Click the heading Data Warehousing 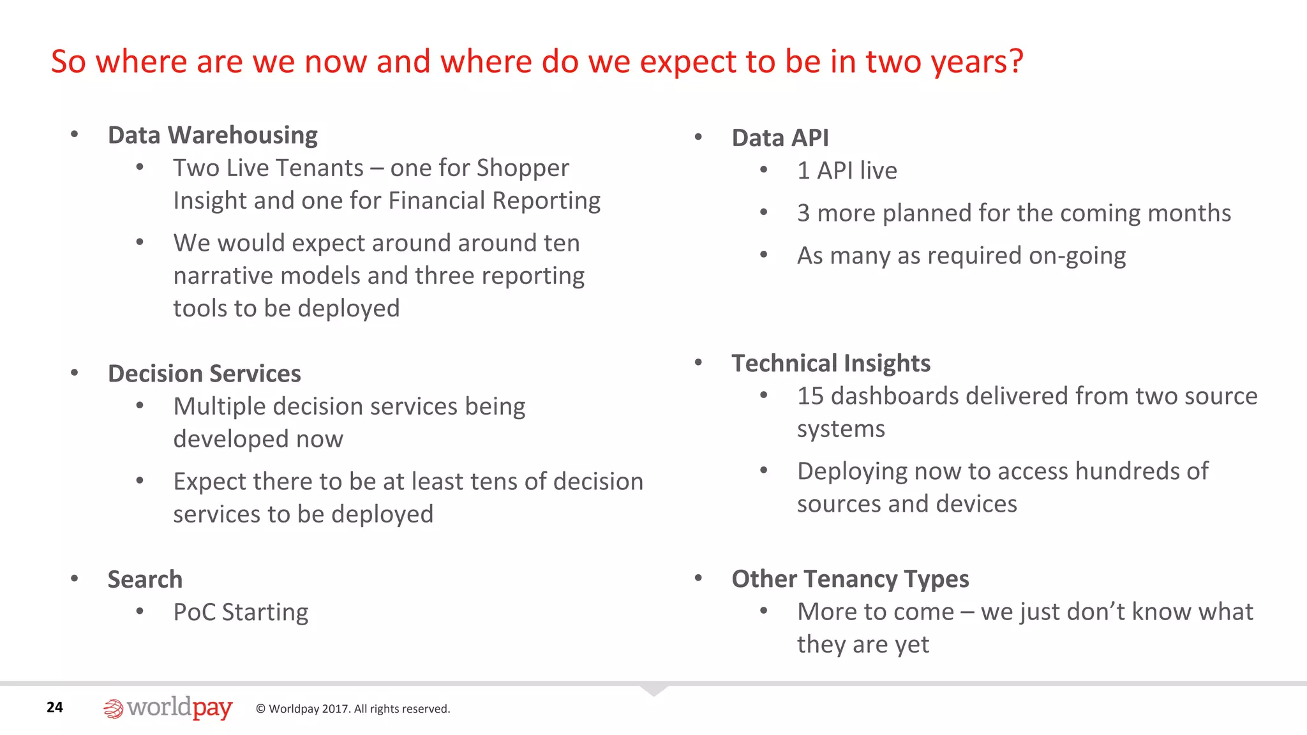coord(213,135)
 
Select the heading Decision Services coord(204,374)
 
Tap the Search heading coord(145,579)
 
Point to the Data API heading coord(780,138)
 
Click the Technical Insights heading coord(830,363)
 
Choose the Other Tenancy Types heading coord(849,579)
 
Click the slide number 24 coord(55,707)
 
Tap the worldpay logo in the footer coord(168,708)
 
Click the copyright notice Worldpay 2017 coord(353,709)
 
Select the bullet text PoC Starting coord(241,612)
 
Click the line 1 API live coord(846,171)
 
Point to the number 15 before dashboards coord(810,396)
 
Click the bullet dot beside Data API coord(698,137)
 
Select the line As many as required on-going coord(961,256)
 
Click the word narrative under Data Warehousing coord(223,276)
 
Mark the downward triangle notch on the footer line coord(653,690)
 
